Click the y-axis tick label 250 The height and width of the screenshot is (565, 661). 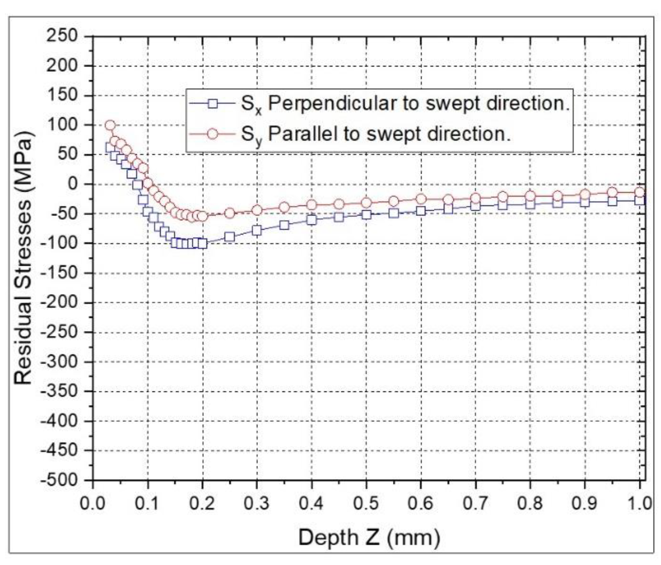(62, 36)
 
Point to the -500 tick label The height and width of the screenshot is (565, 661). (58, 480)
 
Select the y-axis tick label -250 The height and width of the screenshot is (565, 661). (58, 332)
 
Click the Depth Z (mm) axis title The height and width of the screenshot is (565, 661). (369, 537)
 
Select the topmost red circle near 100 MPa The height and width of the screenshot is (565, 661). (110, 125)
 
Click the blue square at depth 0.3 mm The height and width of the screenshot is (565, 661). (257, 231)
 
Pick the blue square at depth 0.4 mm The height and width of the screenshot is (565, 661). (312, 220)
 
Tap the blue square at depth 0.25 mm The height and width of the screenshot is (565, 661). (229, 237)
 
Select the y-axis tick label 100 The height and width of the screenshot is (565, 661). (62, 125)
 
